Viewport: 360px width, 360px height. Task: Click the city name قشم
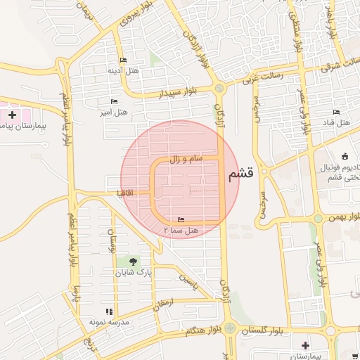click(241, 176)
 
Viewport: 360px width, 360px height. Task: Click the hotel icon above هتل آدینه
click(124, 60)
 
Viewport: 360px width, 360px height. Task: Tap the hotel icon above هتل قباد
click(336, 112)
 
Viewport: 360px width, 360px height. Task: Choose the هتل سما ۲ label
click(181, 231)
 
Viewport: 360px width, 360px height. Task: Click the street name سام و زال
click(186, 160)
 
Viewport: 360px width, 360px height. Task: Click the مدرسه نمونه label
click(108, 322)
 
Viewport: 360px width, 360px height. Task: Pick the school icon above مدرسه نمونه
click(108, 311)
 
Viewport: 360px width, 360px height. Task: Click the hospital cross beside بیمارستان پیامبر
click(12, 114)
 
